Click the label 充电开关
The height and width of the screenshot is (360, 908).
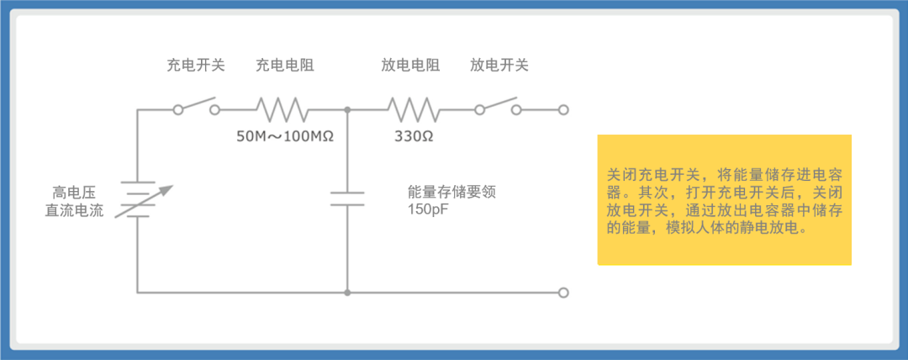coord(196,65)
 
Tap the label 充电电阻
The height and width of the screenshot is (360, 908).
coord(285,65)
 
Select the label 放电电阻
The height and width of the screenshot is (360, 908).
coord(410,65)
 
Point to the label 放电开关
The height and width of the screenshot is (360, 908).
coord(499,65)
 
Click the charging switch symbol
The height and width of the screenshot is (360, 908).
coord(197,105)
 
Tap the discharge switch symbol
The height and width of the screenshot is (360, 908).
coord(498,105)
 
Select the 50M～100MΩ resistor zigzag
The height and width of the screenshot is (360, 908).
coord(282,109)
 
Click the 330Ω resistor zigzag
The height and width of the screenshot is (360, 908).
coord(412,109)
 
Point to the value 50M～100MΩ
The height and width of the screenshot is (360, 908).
coord(285,137)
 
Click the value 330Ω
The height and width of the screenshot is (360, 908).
coord(414,137)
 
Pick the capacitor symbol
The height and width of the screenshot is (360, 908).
coord(347,199)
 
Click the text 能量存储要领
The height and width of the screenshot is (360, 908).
coord(452,192)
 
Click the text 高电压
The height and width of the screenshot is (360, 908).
coord(73,192)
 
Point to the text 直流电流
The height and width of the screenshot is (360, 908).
coord(74,210)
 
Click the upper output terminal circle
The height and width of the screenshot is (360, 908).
coord(563,109)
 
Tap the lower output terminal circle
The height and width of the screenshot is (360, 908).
coord(563,293)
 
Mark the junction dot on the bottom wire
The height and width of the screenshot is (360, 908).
coord(347,293)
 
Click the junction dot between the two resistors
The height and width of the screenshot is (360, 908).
coord(347,109)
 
